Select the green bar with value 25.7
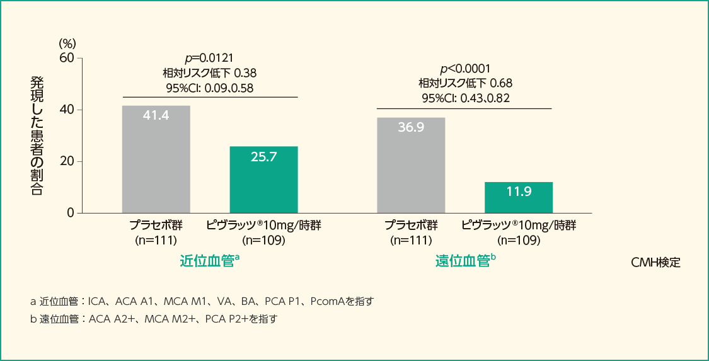tap(263, 180)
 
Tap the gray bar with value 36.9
tap(411, 165)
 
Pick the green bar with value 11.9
tap(519, 197)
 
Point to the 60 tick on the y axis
tap(67, 58)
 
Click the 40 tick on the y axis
tap(67, 110)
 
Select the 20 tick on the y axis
tap(67, 161)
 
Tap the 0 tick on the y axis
tap(70, 213)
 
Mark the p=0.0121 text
tap(210, 57)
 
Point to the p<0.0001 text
tap(465, 69)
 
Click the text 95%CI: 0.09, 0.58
tap(210, 88)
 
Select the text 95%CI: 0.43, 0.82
tap(465, 98)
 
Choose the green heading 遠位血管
tap(463, 261)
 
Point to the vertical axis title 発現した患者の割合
tap(37, 135)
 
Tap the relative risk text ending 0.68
tap(465, 83)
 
